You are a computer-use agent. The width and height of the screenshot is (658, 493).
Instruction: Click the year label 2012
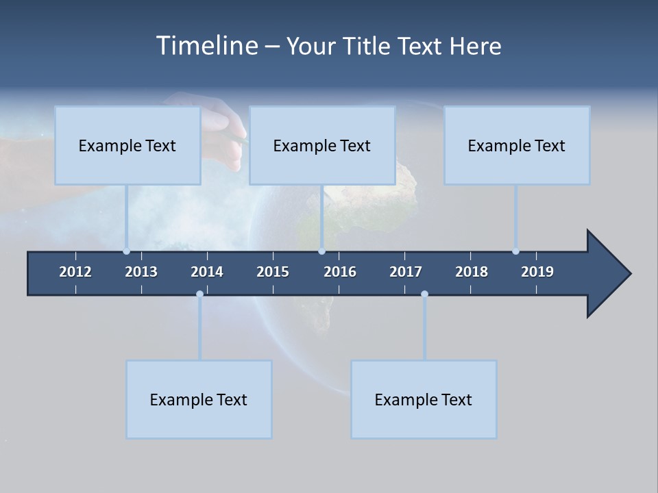[75, 272]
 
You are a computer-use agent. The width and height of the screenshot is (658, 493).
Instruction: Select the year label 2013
[141, 272]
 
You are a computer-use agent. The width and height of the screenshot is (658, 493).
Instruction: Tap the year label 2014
[207, 272]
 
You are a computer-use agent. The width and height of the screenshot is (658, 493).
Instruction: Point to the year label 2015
[273, 272]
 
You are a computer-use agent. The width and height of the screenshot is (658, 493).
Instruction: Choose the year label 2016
[340, 272]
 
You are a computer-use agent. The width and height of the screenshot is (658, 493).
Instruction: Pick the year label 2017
[406, 272]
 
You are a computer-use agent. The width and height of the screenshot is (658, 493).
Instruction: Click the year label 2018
[472, 272]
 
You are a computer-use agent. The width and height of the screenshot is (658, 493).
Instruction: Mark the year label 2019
[537, 272]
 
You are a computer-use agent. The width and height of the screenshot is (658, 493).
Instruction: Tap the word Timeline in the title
[206, 46]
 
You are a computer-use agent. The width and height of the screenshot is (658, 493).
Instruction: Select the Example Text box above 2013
[127, 145]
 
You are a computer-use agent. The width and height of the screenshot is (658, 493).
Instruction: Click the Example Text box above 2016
[322, 145]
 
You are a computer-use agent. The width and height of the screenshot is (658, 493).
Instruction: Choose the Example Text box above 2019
[517, 145]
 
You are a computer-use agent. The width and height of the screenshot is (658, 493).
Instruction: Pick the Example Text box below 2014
[199, 399]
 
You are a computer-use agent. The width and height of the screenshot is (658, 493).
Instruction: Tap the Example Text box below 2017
[424, 399]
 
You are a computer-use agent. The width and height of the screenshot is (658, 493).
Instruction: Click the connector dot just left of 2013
[127, 251]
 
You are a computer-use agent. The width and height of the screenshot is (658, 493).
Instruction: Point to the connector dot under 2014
[199, 294]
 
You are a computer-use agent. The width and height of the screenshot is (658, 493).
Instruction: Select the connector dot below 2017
[424, 294]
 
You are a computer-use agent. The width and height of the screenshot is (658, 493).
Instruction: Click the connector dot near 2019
[515, 251]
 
